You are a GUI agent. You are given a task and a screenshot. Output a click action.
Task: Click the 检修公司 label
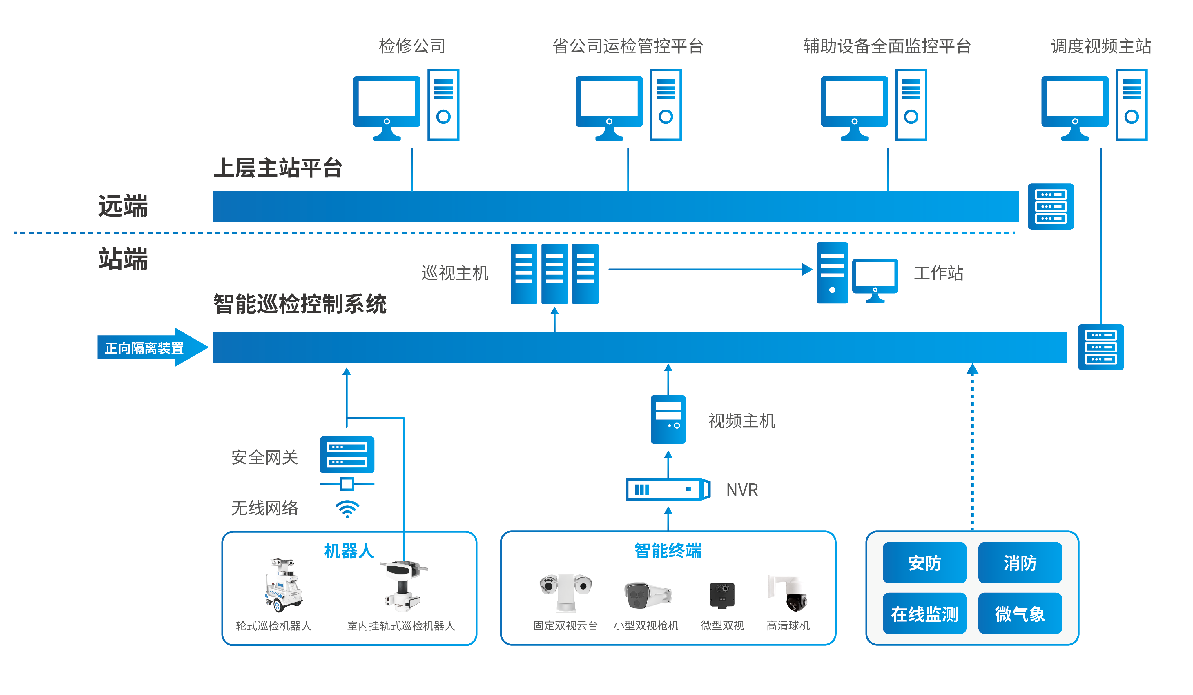coord(412,46)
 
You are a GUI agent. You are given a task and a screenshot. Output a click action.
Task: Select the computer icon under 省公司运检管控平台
coord(628,105)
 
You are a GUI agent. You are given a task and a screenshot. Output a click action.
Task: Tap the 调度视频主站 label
coord(1101,46)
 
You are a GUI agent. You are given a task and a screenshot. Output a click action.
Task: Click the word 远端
coord(123,206)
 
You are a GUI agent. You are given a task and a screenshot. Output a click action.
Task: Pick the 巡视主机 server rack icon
coord(554,274)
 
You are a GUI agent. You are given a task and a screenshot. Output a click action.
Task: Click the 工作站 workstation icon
coord(857,274)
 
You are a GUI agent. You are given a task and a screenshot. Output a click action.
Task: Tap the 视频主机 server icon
coord(668,419)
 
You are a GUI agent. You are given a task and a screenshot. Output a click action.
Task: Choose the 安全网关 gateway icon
coord(347,455)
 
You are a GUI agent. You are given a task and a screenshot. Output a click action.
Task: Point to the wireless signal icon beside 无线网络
coord(347,509)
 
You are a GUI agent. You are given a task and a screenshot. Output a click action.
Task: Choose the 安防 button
coord(924,563)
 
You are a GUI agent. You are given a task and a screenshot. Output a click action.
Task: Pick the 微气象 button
coord(1020,614)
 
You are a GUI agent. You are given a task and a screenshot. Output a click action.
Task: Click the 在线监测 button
coord(924,614)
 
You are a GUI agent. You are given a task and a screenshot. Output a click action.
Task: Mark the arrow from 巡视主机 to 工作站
coord(710,269)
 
